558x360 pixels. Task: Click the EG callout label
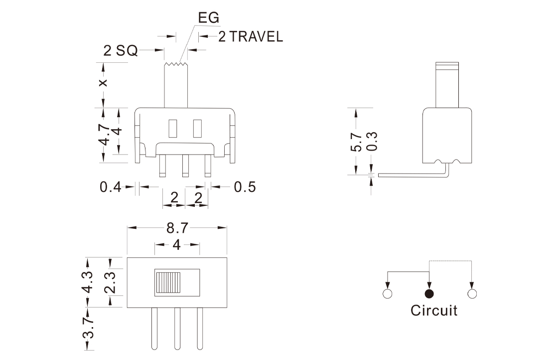[x=208, y=18]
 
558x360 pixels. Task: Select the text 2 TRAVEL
[x=250, y=37]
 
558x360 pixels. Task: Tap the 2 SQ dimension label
[x=120, y=50]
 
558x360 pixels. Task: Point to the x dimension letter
[x=103, y=82]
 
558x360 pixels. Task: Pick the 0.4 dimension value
[x=110, y=187]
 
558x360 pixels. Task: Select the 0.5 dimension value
[x=245, y=187]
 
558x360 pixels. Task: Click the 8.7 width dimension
[x=177, y=228]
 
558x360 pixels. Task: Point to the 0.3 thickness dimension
[x=372, y=142]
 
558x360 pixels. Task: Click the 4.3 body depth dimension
[x=88, y=282]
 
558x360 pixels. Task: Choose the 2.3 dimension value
[x=110, y=282]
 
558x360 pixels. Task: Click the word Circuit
[x=433, y=311]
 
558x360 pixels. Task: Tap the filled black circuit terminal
[x=429, y=293]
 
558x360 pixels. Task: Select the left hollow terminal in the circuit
[x=388, y=293]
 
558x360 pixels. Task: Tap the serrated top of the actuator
[x=176, y=64]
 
